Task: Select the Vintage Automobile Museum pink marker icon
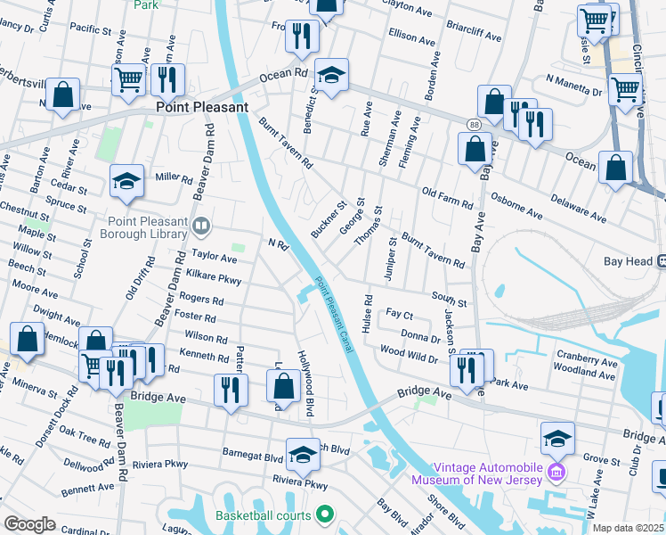coord(557,470)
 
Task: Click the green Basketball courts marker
coord(324,514)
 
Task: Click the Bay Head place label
coord(631,261)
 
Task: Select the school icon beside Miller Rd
coord(126,182)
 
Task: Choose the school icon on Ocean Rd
coord(331,76)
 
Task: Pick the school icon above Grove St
coord(557,438)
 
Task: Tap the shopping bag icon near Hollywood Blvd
coord(283,386)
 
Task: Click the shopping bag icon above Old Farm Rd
coord(475,150)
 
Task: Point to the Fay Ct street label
coord(399,316)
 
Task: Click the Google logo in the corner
coord(29,524)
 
